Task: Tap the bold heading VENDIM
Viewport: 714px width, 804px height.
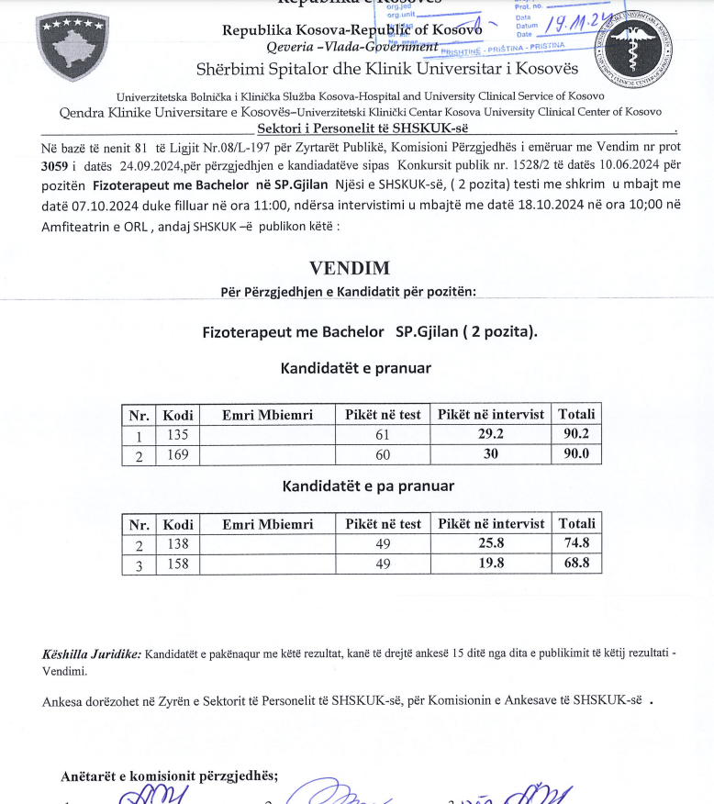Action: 349,268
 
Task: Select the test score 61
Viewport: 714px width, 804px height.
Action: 383,434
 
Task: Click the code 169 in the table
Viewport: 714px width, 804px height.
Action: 177,453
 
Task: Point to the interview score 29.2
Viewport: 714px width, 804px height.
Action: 491,434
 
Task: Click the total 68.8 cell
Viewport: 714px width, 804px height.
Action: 576,563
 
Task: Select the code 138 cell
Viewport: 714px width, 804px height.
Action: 177,543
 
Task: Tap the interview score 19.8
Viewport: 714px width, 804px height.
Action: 491,563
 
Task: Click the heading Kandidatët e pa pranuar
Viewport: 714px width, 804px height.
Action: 368,486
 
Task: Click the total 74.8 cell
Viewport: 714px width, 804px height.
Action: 576,543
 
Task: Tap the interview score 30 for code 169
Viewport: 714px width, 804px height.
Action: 491,453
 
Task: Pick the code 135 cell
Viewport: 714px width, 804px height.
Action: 177,434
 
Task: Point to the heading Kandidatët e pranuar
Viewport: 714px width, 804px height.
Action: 355,368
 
